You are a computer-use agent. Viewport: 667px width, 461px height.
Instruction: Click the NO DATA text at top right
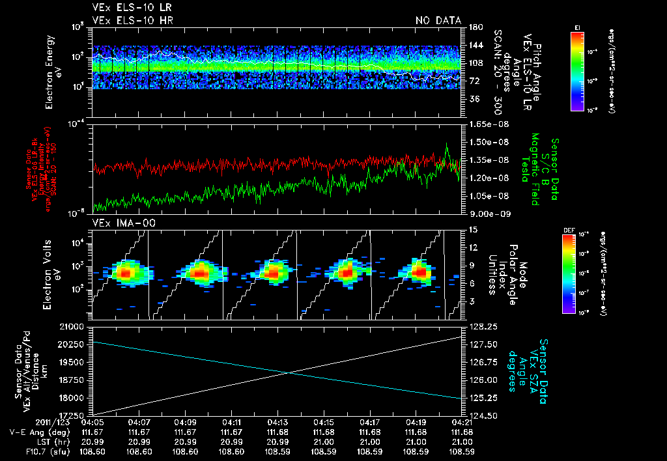(438, 21)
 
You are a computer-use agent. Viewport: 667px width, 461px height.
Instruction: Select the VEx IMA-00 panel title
(121, 223)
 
